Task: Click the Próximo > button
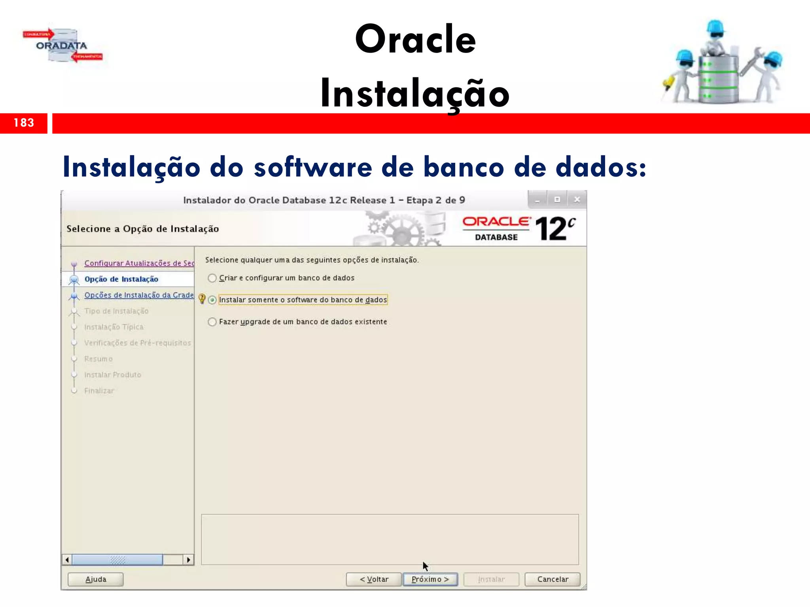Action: coord(430,579)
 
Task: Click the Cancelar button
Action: coord(552,579)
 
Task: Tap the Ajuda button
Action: coord(96,579)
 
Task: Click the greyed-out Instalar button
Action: coord(491,579)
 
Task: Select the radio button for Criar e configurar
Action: coord(212,278)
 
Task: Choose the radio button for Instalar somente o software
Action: coord(212,300)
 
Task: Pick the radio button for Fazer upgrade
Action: coord(212,322)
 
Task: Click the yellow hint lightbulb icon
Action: coord(202,299)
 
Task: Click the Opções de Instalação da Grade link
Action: coord(139,295)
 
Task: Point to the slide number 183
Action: coord(24,123)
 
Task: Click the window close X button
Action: coord(577,200)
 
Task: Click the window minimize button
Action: coord(537,200)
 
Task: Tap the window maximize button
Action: coord(557,200)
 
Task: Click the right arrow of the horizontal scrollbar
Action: coord(189,560)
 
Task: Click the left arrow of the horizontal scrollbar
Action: coord(67,560)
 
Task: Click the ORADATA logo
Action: coord(62,45)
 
